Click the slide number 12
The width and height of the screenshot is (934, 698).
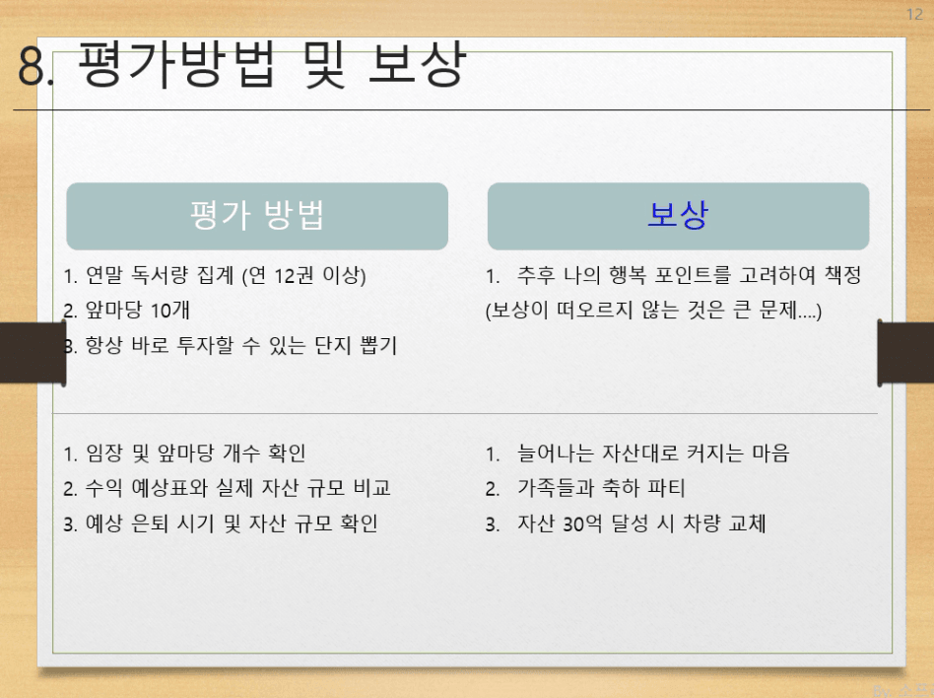pyautogui.click(x=914, y=15)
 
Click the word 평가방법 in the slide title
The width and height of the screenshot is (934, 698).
pyautogui.click(x=177, y=64)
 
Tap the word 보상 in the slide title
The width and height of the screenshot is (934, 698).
pyautogui.click(x=417, y=64)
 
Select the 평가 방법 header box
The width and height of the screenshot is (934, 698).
pyautogui.click(x=257, y=216)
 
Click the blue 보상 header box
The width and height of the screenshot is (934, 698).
pyautogui.click(x=678, y=216)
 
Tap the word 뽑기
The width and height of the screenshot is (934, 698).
pyautogui.click(x=378, y=345)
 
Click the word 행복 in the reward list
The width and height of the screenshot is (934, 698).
pyautogui.click(x=628, y=275)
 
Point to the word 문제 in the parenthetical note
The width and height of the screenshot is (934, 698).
pyautogui.click(x=778, y=310)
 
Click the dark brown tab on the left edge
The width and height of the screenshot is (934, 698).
pyautogui.click(x=33, y=353)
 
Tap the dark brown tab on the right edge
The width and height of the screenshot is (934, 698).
pyautogui.click(x=905, y=353)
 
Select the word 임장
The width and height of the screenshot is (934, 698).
pyautogui.click(x=104, y=454)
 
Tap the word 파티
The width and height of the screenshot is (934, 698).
pyautogui.click(x=667, y=488)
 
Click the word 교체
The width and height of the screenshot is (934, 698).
pyautogui.click(x=747, y=523)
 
